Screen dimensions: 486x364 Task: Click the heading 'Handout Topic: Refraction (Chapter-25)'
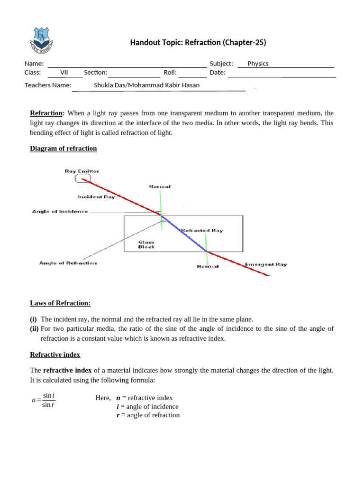click(198, 43)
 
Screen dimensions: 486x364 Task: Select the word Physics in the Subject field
click(258, 64)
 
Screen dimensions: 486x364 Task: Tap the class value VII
click(64, 73)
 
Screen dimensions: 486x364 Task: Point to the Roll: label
click(170, 73)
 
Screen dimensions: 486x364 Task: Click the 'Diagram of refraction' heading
click(64, 149)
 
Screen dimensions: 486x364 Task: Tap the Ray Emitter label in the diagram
click(82, 171)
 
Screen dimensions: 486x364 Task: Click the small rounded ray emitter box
click(82, 178)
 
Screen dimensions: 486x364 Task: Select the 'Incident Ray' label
click(97, 196)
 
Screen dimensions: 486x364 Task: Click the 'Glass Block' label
click(146, 244)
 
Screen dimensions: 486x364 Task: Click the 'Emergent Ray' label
click(265, 264)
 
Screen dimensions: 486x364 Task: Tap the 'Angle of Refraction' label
click(68, 263)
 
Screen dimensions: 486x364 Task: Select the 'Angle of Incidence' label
click(60, 212)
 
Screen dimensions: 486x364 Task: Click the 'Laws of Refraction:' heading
click(60, 303)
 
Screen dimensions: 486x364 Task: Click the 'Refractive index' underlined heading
click(55, 355)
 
